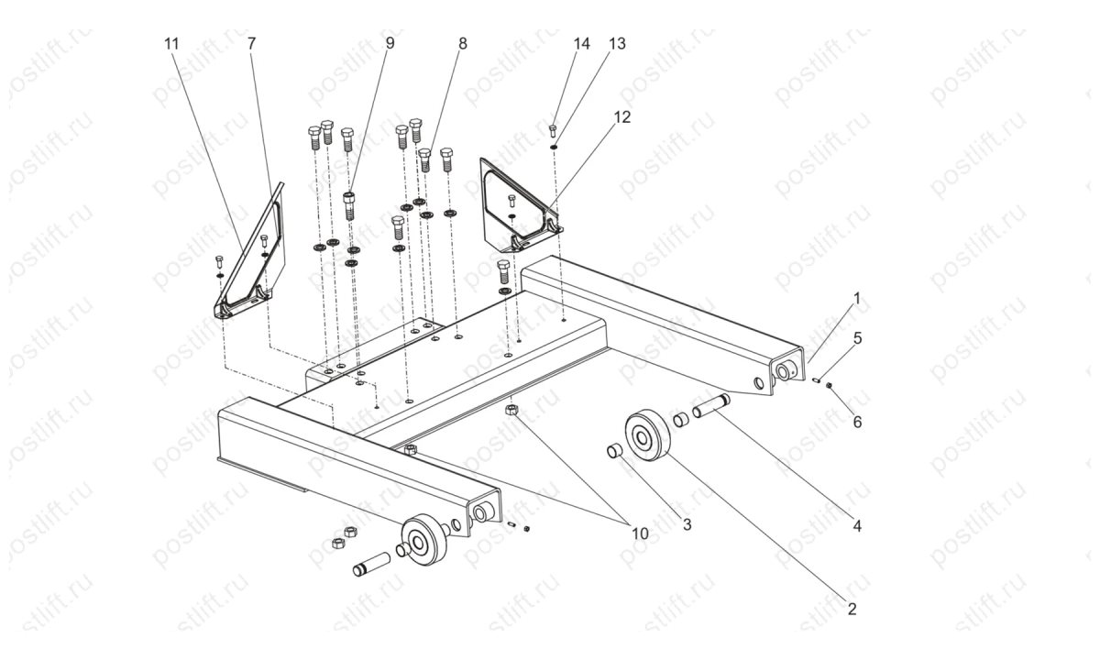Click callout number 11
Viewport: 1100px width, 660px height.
172,43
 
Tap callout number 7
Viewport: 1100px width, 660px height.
251,43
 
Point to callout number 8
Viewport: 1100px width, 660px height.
462,43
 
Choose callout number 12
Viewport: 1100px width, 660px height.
622,116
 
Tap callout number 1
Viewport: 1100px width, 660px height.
856,298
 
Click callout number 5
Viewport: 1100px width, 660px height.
857,337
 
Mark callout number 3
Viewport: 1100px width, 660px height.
687,524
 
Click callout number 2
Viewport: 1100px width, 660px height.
852,609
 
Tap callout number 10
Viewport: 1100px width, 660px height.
639,532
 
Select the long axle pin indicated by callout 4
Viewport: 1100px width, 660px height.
711,403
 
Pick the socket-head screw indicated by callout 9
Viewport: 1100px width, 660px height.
349,203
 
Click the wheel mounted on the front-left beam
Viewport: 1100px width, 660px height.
423,540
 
